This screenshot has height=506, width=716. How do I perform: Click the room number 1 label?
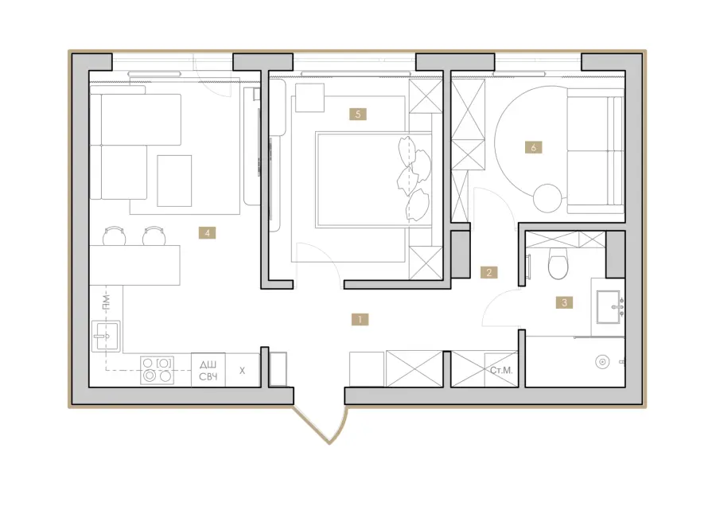click(x=360, y=319)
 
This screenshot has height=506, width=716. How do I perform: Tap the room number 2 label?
click(x=489, y=273)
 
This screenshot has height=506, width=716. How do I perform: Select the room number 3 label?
click(x=564, y=302)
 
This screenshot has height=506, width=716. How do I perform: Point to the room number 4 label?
click(x=207, y=233)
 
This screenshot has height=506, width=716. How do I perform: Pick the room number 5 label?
click(x=357, y=114)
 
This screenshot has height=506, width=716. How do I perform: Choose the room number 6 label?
click(x=533, y=147)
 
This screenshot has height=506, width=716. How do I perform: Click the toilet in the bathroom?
click(x=558, y=263)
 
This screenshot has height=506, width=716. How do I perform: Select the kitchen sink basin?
click(x=106, y=337)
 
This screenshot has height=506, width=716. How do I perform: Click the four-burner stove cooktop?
click(x=157, y=370)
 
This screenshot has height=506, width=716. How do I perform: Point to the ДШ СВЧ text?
click(x=208, y=371)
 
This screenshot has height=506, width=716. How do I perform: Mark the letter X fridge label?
click(x=242, y=371)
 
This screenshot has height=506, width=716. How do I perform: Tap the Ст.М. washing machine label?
click(x=501, y=371)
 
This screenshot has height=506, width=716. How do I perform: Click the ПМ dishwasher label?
click(x=106, y=302)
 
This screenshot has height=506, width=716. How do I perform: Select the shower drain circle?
click(x=603, y=362)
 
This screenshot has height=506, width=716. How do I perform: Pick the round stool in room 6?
click(x=547, y=198)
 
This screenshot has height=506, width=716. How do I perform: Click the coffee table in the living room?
click(x=174, y=181)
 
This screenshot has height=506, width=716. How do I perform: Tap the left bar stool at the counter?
click(x=114, y=235)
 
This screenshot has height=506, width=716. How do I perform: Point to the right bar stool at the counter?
click(x=154, y=235)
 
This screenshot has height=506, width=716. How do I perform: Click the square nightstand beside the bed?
click(x=309, y=98)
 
